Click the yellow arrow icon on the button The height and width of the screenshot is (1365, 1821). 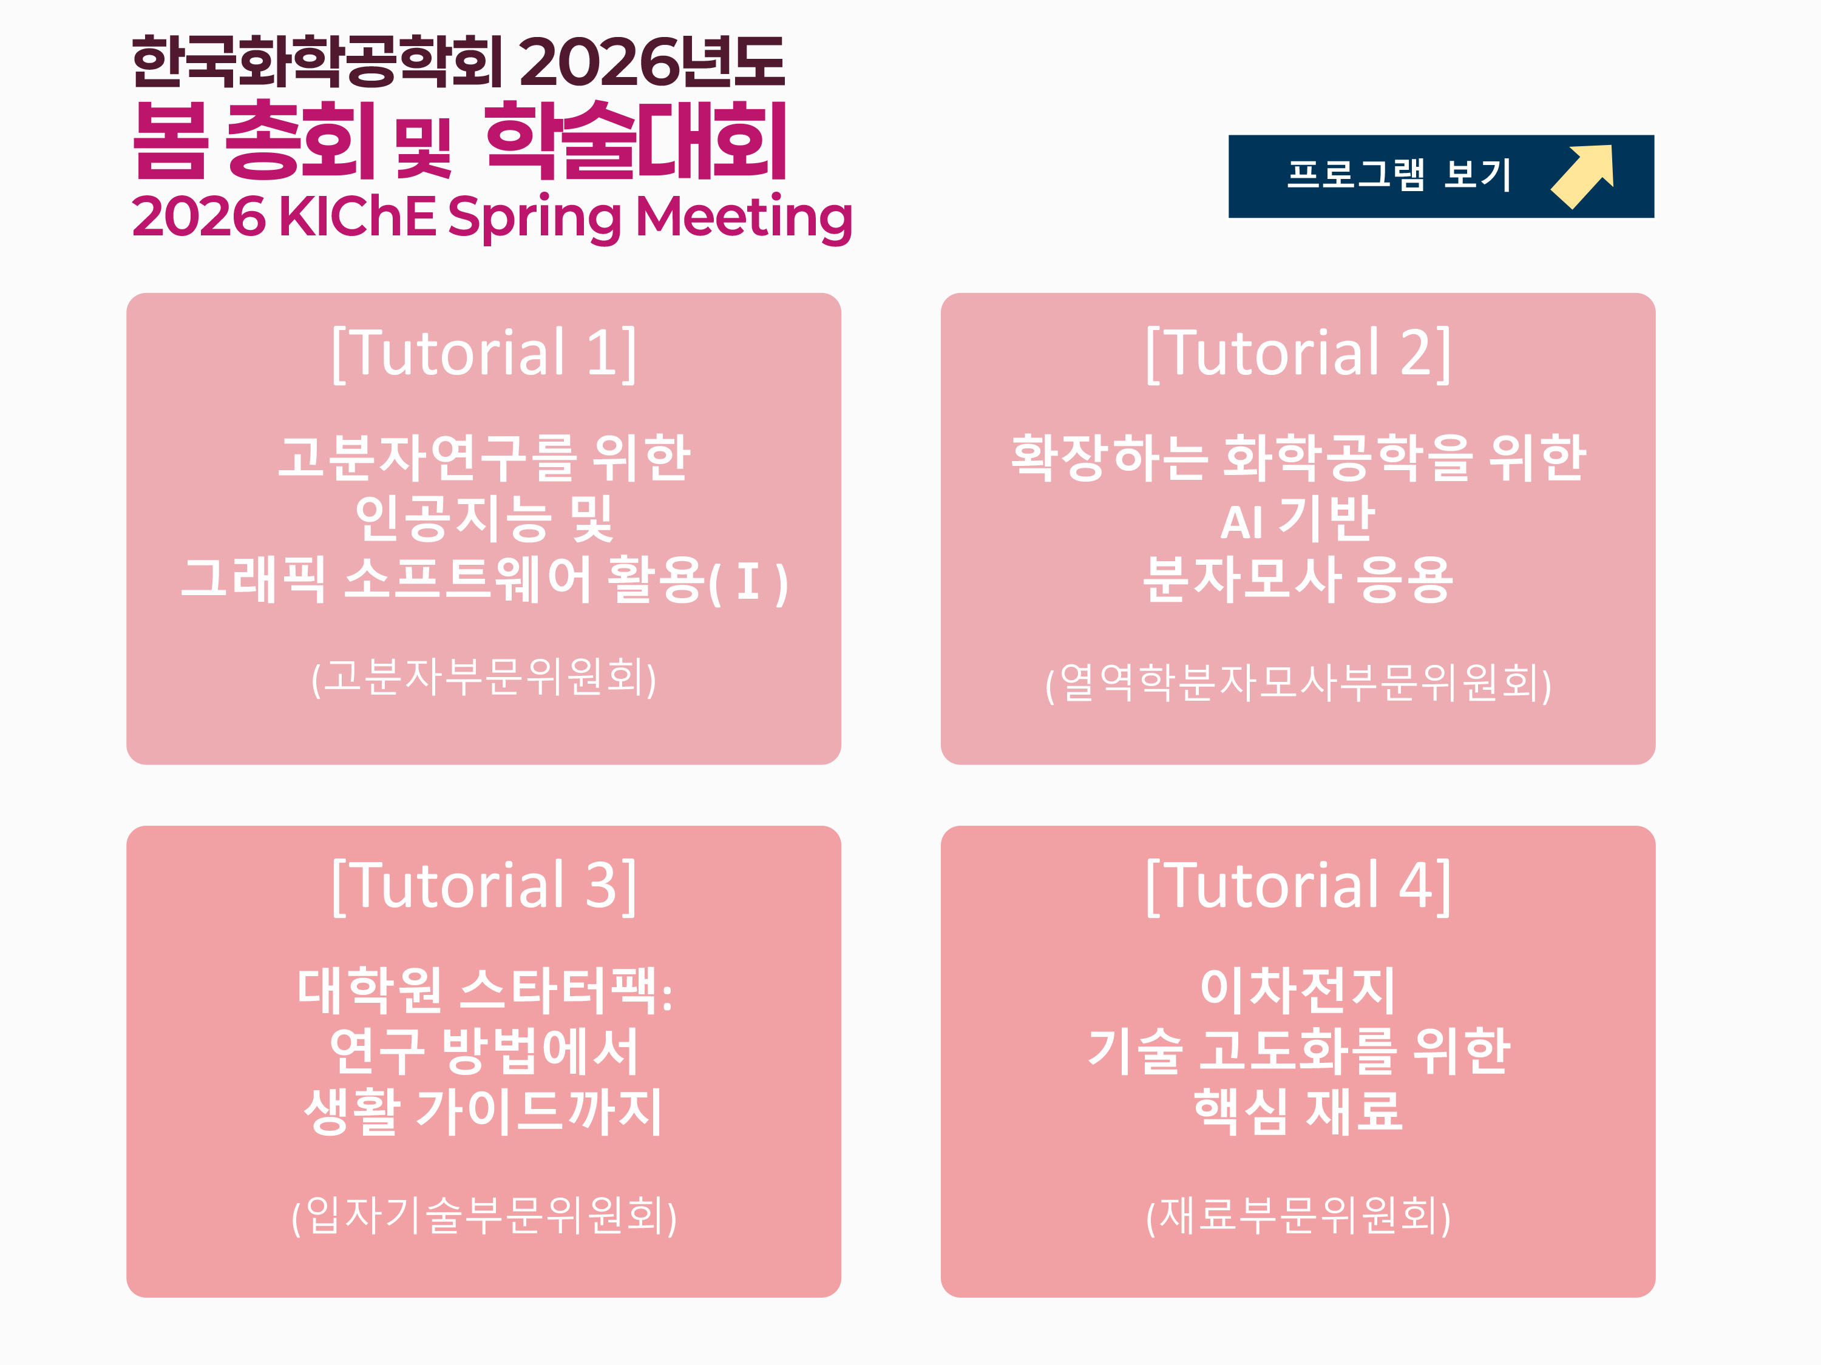click(x=1583, y=175)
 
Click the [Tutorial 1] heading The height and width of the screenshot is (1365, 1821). click(x=484, y=353)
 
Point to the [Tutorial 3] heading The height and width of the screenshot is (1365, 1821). click(x=484, y=886)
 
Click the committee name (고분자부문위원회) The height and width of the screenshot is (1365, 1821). click(x=484, y=678)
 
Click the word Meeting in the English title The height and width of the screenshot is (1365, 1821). click(x=744, y=217)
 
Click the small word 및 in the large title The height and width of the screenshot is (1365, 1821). click(x=423, y=148)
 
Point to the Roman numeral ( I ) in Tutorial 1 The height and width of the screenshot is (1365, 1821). click(x=748, y=582)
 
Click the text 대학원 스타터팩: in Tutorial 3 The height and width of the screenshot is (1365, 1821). click(x=484, y=990)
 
